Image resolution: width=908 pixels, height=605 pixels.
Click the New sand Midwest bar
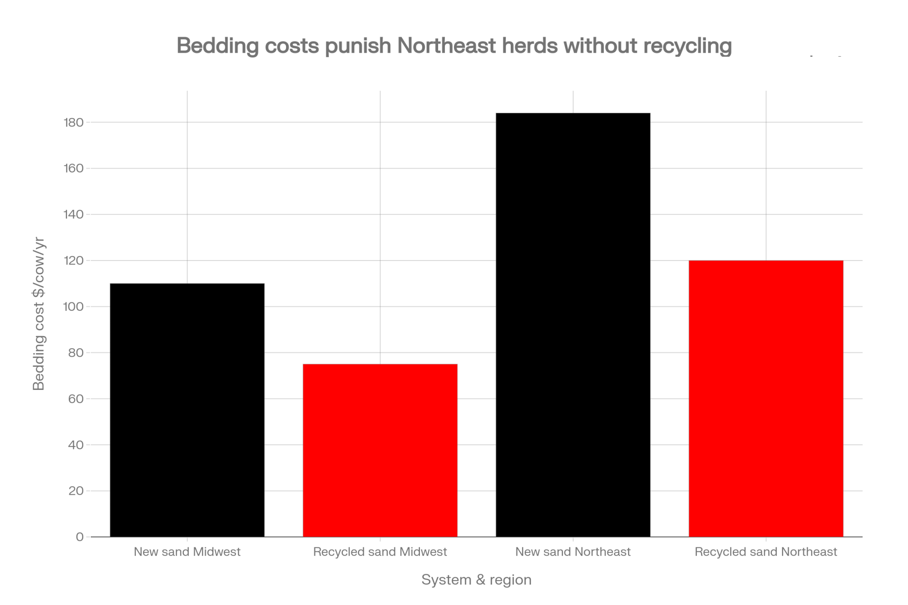pyautogui.click(x=187, y=410)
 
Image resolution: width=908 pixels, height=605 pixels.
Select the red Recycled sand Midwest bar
pyautogui.click(x=380, y=450)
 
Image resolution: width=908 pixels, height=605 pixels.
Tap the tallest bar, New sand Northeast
pyautogui.click(x=573, y=325)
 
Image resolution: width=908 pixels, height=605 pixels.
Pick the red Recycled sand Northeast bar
pyautogui.click(x=766, y=398)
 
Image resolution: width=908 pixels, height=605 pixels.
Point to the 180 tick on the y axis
pyautogui.click(x=74, y=123)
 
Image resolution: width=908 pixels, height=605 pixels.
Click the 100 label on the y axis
pyautogui.click(x=74, y=307)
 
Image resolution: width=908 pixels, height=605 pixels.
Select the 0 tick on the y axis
pyautogui.click(x=80, y=537)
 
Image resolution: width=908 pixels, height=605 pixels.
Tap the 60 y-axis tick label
pyautogui.click(x=77, y=399)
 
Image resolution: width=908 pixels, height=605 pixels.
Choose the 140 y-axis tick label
pyautogui.click(x=74, y=215)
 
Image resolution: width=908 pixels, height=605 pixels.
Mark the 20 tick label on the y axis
pyautogui.click(x=77, y=491)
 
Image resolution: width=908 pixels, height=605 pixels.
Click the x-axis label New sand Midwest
pyautogui.click(x=187, y=552)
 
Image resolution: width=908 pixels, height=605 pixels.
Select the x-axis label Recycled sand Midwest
pyautogui.click(x=380, y=552)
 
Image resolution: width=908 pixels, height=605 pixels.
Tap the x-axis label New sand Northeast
pyautogui.click(x=573, y=552)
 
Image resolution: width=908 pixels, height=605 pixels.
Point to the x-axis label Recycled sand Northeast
pyautogui.click(x=766, y=552)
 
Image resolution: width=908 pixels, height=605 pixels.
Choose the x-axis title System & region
pyautogui.click(x=476, y=580)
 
